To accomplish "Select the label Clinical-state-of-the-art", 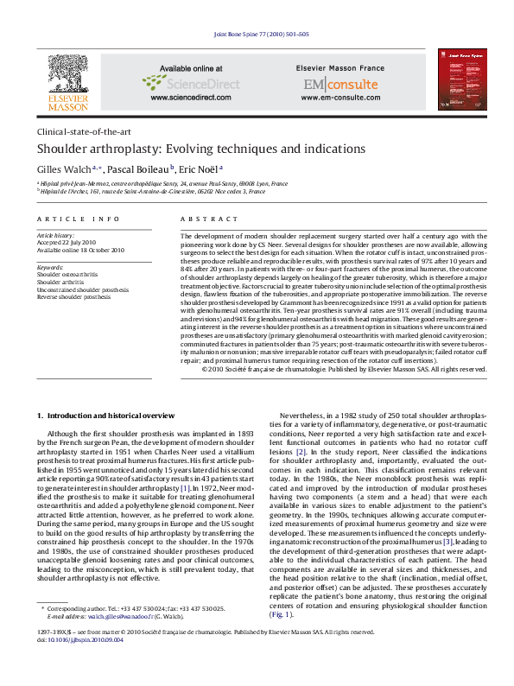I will [x=83, y=132].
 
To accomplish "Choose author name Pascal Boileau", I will [x=142, y=169].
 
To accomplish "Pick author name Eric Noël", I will [x=198, y=169].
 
